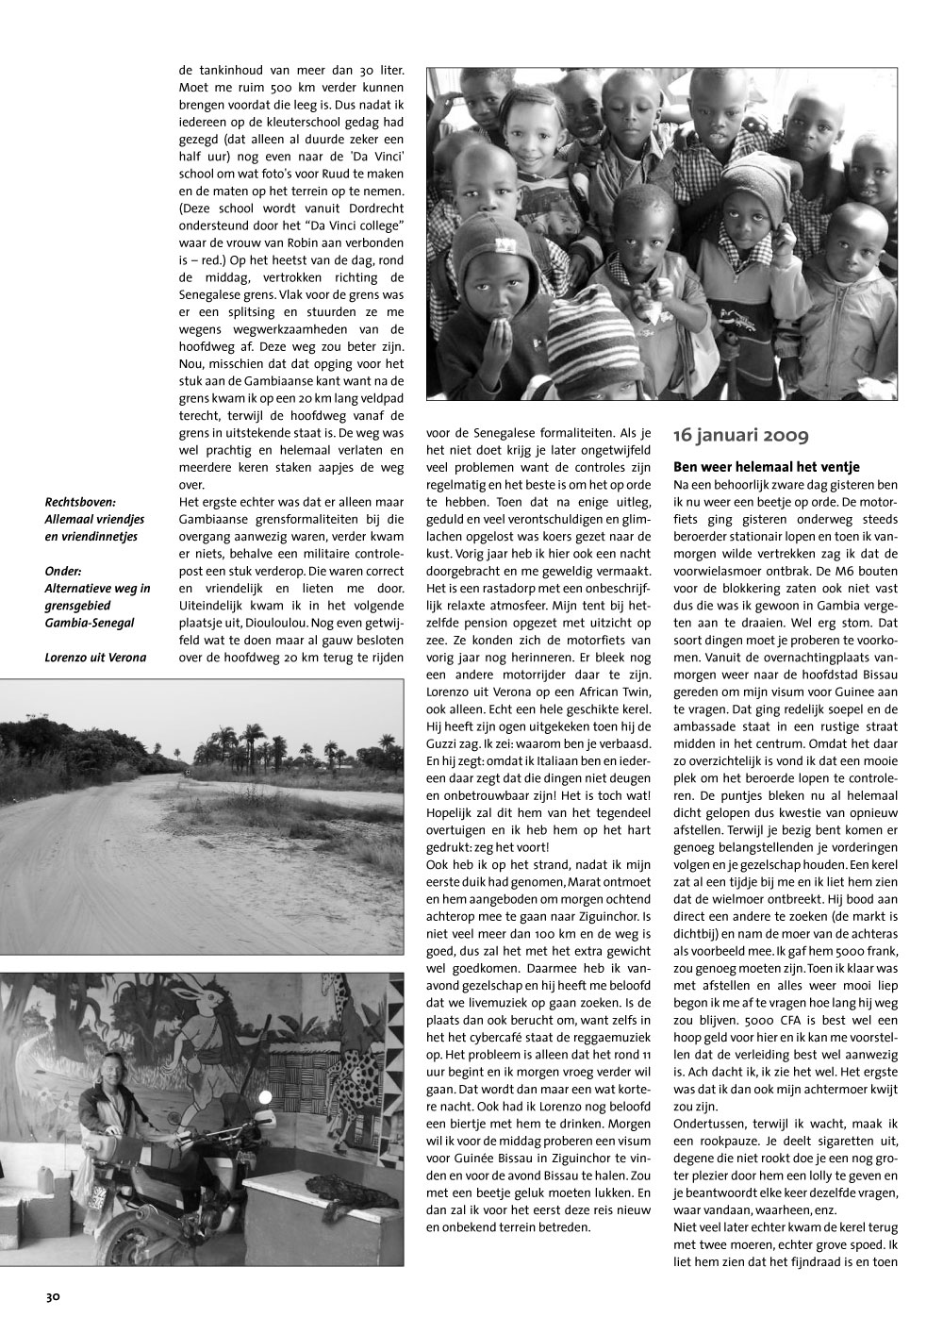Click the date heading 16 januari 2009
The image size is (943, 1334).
point(740,436)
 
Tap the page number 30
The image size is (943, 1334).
point(53,1297)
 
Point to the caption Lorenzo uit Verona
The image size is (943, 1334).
point(95,657)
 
